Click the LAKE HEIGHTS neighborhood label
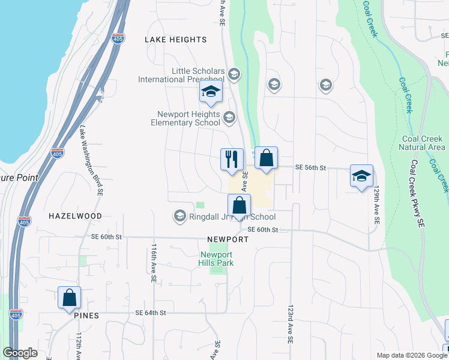[176, 40]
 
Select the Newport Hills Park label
[216, 259]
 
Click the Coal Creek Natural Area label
[423, 143]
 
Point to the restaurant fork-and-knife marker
[232, 160]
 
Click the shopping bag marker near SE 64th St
[70, 298]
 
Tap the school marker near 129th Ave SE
[361, 176]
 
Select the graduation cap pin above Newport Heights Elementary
[211, 92]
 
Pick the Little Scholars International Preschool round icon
[233, 75]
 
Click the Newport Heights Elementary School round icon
[229, 117]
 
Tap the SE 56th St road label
[310, 169]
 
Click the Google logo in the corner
[20, 353]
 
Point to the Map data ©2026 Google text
[411, 355]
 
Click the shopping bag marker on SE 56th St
[267, 158]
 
